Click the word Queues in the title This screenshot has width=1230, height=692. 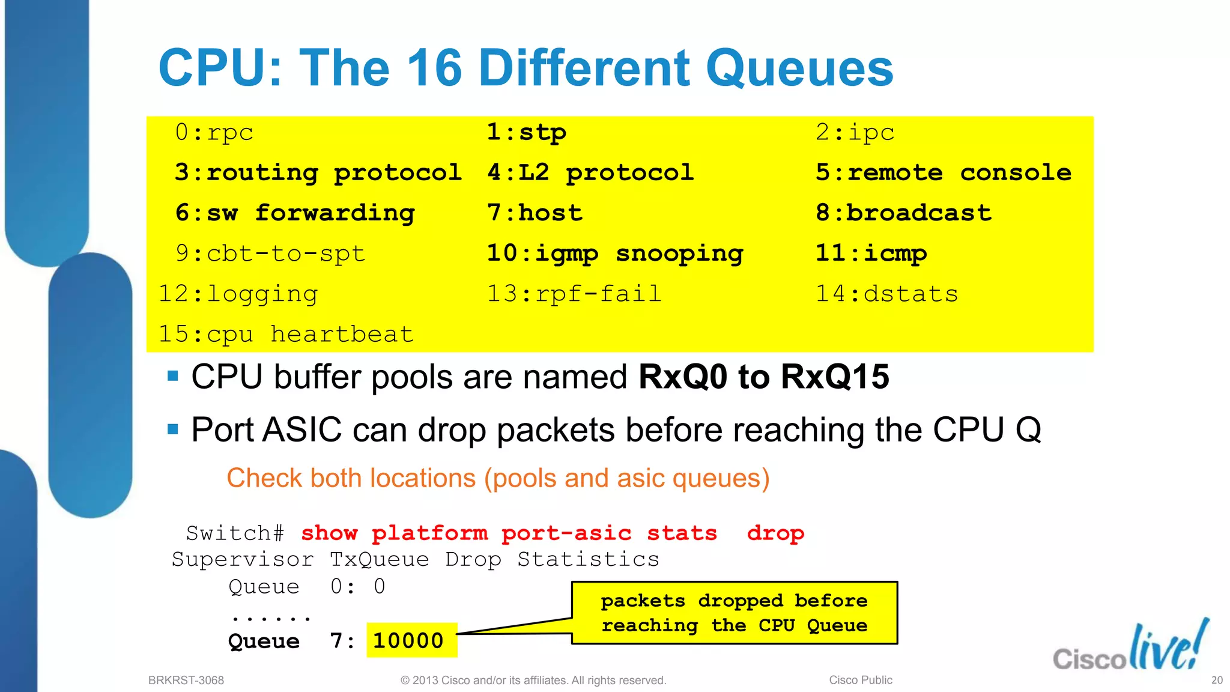[x=799, y=68]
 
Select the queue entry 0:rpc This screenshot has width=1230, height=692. [x=214, y=133]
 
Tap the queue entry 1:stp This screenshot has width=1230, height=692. [x=526, y=133]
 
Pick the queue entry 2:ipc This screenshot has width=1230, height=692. [x=855, y=133]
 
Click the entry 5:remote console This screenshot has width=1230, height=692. [x=943, y=173]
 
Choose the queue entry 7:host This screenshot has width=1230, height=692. [x=535, y=213]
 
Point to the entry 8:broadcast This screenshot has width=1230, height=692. [x=903, y=213]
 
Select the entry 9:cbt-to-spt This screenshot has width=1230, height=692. [x=270, y=254]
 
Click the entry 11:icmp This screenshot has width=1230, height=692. [x=871, y=254]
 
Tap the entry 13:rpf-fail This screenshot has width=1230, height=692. [x=574, y=294]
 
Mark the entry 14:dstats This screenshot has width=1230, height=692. [x=886, y=294]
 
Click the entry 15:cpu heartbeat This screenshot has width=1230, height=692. [x=286, y=335]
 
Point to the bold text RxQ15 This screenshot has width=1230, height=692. [x=835, y=377]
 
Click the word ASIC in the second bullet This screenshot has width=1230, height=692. [x=302, y=430]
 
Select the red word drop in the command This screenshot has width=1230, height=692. [x=775, y=533]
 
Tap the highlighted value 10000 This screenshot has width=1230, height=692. [x=408, y=641]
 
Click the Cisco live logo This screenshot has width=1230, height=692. [x=1130, y=648]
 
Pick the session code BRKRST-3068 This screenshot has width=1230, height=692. [x=186, y=681]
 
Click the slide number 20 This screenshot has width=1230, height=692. [x=1217, y=681]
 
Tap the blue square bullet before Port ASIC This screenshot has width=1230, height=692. [x=173, y=429]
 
